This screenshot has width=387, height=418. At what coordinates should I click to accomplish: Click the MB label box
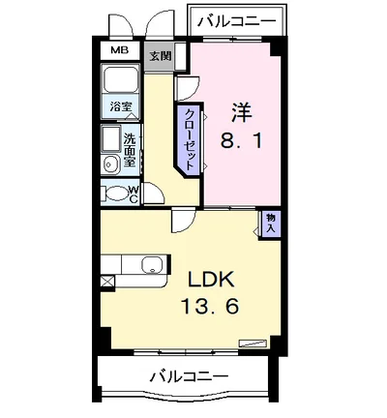click(x=118, y=49)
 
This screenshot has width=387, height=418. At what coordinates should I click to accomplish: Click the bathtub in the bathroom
click(x=122, y=83)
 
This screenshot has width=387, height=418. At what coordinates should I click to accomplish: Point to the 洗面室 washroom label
click(x=132, y=149)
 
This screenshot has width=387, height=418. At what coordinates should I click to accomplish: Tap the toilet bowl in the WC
click(x=116, y=193)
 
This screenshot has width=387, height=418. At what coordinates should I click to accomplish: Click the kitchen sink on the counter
click(x=152, y=265)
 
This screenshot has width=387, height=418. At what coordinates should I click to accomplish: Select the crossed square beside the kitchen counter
click(x=105, y=282)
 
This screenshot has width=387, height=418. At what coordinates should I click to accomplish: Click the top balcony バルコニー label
click(x=236, y=19)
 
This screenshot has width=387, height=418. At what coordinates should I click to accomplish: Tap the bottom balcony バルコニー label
click(x=190, y=375)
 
